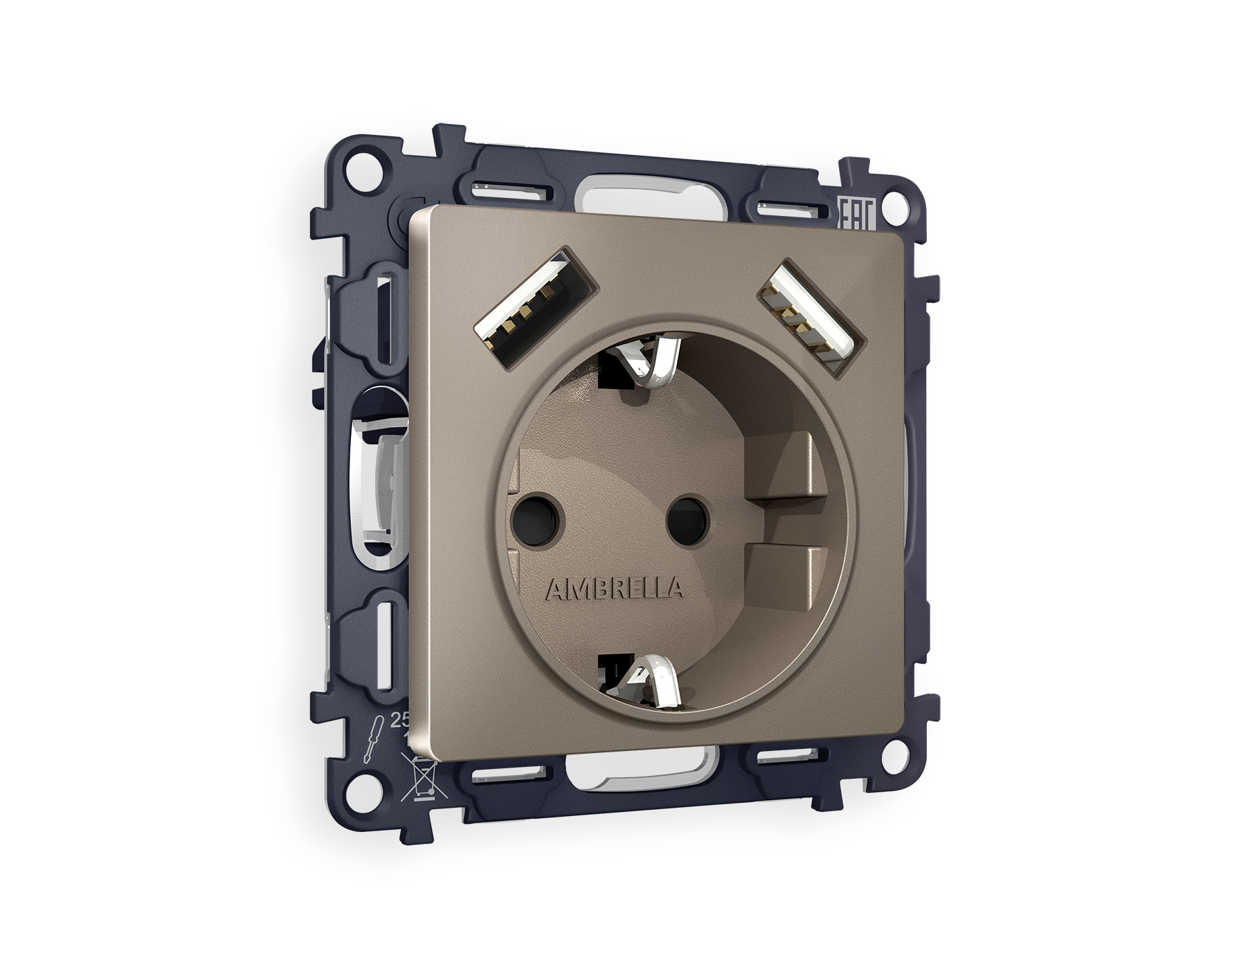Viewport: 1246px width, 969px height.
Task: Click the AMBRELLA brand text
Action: (x=615, y=589)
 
